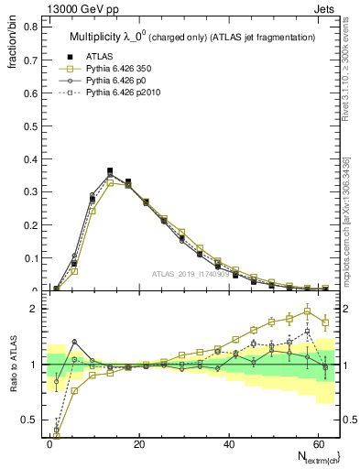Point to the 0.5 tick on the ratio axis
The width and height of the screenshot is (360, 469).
pos(27,420)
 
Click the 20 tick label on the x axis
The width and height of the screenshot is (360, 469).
pos(139,444)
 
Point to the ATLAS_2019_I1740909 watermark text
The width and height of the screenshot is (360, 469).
pos(191,274)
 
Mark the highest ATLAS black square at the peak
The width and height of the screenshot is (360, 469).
pos(110,170)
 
